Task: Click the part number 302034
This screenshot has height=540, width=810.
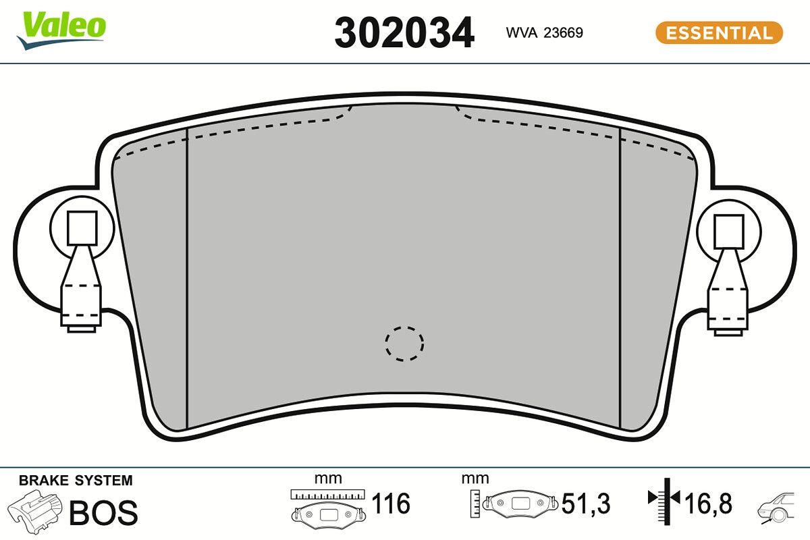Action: pyautogui.click(x=404, y=33)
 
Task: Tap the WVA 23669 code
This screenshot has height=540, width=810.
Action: pyautogui.click(x=544, y=32)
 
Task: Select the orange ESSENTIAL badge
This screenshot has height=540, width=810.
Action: pyautogui.click(x=719, y=32)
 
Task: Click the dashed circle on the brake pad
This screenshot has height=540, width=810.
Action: pyautogui.click(x=404, y=343)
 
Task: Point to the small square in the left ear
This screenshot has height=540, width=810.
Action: pyautogui.click(x=82, y=227)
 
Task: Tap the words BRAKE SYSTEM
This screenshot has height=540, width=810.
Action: pyautogui.click(x=76, y=481)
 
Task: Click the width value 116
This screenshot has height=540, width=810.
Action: pyautogui.click(x=391, y=504)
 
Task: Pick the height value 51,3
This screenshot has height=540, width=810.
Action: pyautogui.click(x=586, y=504)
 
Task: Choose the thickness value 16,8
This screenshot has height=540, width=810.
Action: pyautogui.click(x=707, y=504)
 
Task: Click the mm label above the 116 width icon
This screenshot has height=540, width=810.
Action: pyautogui.click(x=328, y=479)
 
